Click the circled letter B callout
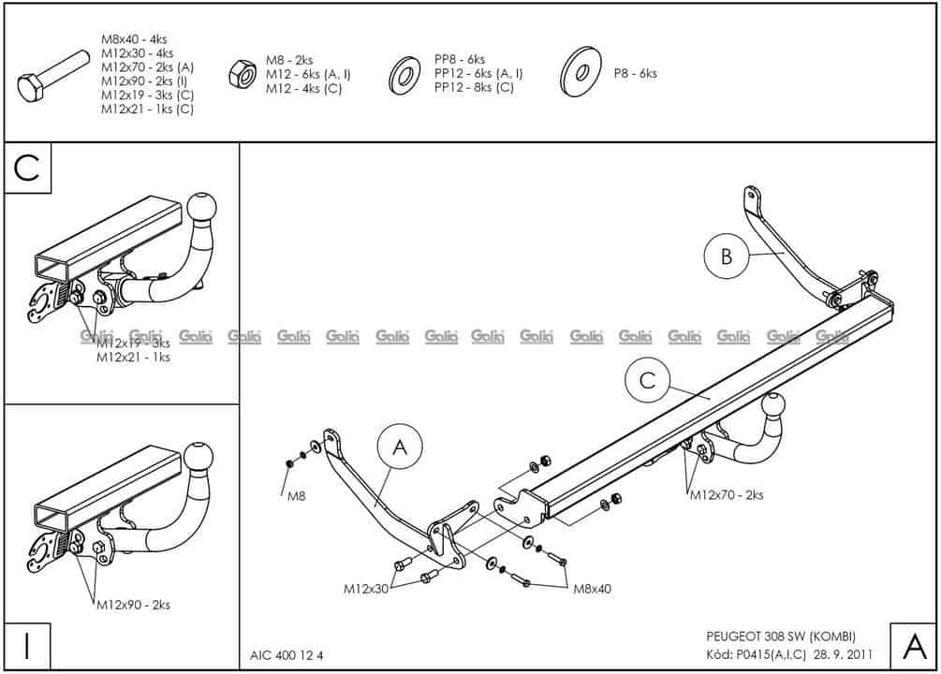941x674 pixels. (x=728, y=256)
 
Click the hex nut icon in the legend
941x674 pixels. (x=240, y=74)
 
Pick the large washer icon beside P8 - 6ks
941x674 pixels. (x=581, y=73)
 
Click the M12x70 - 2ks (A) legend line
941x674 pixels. (x=147, y=67)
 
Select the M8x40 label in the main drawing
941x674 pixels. (x=592, y=589)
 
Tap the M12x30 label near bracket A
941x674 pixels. (x=366, y=589)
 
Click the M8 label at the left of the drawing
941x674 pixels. (x=297, y=497)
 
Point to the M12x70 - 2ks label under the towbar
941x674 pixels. (x=727, y=495)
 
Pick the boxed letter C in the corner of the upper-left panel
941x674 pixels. (x=28, y=168)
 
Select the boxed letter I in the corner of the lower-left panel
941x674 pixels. (x=28, y=645)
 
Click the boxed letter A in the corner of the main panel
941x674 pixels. (x=912, y=645)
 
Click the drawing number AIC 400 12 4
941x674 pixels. (x=287, y=655)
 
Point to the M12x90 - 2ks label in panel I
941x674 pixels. (x=133, y=606)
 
